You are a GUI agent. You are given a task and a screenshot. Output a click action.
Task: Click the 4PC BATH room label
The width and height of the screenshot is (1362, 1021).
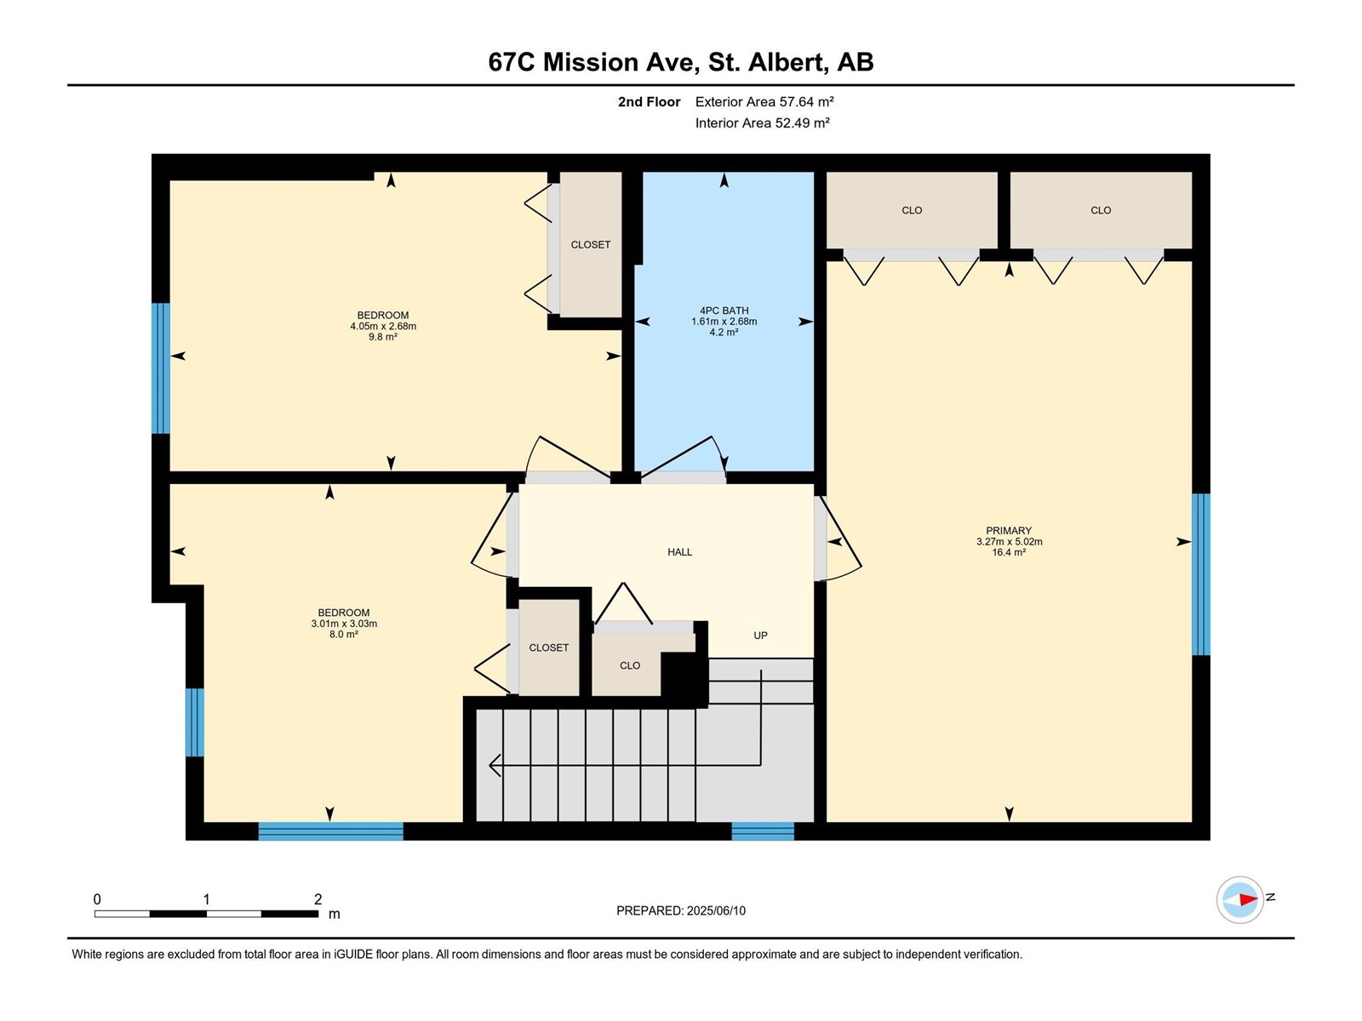pos(724,311)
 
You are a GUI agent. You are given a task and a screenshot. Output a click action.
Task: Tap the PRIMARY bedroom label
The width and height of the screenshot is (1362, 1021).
pos(1009,531)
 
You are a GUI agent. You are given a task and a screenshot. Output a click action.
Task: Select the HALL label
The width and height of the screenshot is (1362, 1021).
pos(680,552)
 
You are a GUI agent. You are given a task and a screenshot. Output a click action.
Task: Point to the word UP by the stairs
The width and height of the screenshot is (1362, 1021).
pos(761,636)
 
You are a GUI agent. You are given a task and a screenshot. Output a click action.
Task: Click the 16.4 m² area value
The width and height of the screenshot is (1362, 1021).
pos(1009,552)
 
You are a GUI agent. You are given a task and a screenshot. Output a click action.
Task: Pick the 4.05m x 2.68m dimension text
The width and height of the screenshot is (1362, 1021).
pos(383,326)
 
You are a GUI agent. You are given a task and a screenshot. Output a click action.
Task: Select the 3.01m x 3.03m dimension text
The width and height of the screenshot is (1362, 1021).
pos(345,624)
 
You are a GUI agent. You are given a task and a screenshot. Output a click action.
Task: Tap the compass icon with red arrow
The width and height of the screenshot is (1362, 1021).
pos(1240,899)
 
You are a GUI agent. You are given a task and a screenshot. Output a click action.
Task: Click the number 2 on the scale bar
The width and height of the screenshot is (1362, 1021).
pos(318,898)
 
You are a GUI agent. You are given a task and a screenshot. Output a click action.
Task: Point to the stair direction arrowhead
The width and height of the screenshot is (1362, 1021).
pos(495,765)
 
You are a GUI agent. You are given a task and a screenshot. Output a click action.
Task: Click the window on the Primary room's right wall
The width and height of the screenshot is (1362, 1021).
pos(1201,574)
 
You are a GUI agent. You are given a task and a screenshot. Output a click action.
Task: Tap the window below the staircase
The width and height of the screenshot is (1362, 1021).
pos(763,831)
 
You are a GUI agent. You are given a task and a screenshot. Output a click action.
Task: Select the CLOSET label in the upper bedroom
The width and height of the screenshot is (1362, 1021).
pos(591,245)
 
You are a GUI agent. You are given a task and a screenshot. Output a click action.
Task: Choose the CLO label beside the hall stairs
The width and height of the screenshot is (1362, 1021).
pos(630,666)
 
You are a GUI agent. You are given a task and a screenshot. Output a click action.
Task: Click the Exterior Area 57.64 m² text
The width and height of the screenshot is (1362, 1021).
pos(764,101)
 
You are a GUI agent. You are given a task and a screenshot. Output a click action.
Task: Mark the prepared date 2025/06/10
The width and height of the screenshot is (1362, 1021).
pos(716,910)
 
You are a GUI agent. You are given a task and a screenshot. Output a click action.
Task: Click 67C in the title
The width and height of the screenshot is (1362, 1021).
pos(512,62)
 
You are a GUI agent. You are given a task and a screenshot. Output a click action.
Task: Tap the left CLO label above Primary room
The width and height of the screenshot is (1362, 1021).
pos(913,211)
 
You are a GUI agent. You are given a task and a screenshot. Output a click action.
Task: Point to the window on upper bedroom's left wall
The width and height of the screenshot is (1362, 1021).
pos(161,368)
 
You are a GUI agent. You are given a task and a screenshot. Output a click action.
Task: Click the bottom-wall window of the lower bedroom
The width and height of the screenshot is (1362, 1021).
pos(331,831)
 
